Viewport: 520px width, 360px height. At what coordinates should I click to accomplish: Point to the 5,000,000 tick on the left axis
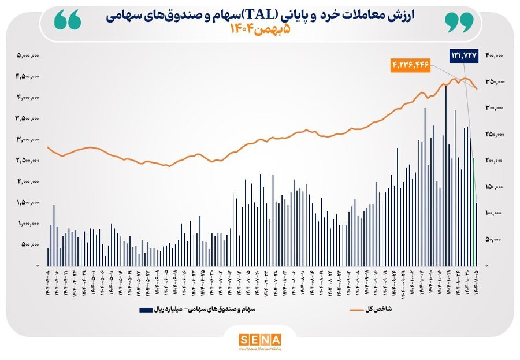click(28, 55)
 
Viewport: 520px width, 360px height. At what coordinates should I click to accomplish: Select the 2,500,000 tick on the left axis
click(28, 161)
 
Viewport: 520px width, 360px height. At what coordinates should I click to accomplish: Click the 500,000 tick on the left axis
click(29, 244)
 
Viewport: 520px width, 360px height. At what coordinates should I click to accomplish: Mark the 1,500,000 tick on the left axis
click(28, 203)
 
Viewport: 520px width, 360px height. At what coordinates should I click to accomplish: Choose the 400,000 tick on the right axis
click(495, 55)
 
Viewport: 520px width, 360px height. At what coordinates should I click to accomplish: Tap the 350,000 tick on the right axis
click(495, 82)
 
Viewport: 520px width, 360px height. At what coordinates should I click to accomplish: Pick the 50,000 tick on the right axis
click(496, 239)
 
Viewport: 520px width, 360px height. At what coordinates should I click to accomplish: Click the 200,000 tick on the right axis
click(495, 161)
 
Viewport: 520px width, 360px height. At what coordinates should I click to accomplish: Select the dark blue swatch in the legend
click(146, 310)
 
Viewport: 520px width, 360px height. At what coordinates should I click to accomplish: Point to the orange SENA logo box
click(259, 339)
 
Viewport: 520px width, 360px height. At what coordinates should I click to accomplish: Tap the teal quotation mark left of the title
click(66, 21)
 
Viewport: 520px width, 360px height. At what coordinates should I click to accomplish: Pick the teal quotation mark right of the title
click(459, 21)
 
